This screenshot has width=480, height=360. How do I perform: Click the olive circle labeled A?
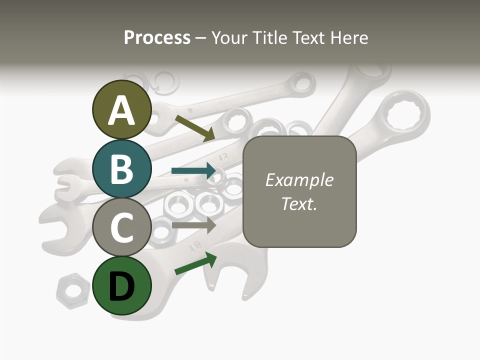point(122,109)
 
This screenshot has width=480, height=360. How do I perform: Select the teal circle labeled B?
point(122,168)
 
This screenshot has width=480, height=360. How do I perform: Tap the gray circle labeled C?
point(122,227)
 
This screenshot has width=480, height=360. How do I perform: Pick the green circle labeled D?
point(122,285)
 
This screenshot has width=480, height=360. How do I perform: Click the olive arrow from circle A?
point(195,128)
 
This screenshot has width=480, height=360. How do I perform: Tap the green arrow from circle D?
point(195,263)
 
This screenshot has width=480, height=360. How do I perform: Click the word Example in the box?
point(299,180)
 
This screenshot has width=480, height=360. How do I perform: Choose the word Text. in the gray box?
point(299,203)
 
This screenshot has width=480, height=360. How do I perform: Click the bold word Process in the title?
point(157,37)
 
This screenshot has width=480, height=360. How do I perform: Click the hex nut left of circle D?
point(73,291)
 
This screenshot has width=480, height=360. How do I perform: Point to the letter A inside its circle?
point(122,110)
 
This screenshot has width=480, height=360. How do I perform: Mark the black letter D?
point(122,286)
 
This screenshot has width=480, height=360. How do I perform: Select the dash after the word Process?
point(200,38)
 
